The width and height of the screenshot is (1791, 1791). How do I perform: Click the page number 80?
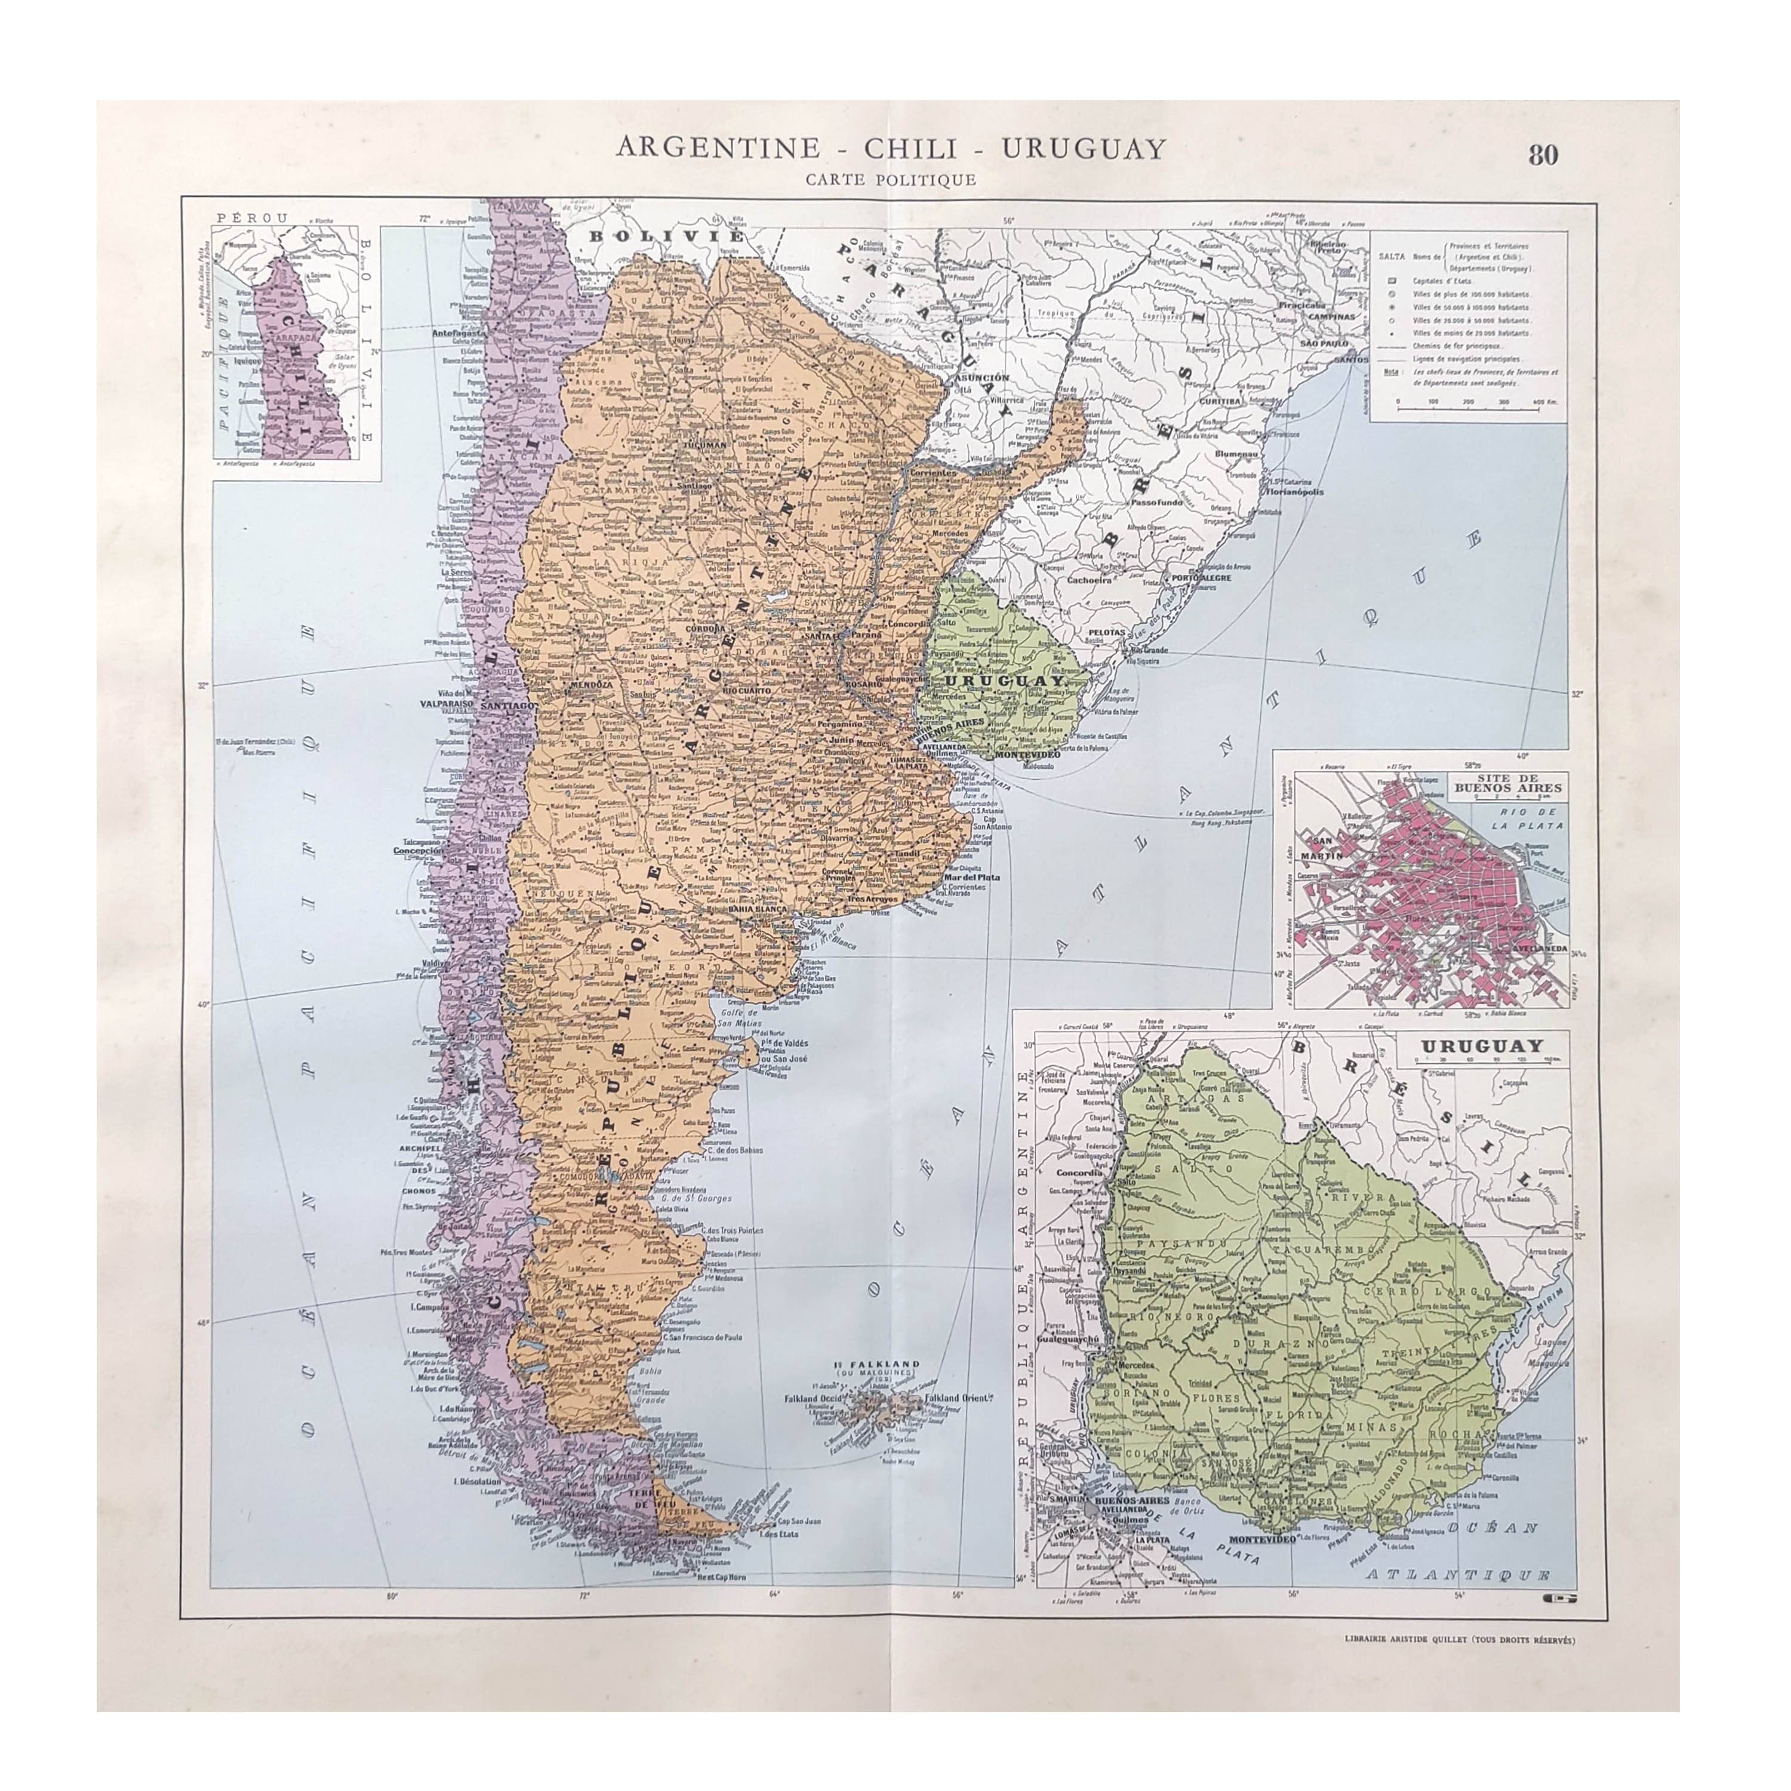pos(1543,155)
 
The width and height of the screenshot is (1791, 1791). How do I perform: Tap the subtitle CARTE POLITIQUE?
pos(890,180)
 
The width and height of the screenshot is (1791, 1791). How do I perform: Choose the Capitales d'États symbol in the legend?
pos(1392,280)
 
